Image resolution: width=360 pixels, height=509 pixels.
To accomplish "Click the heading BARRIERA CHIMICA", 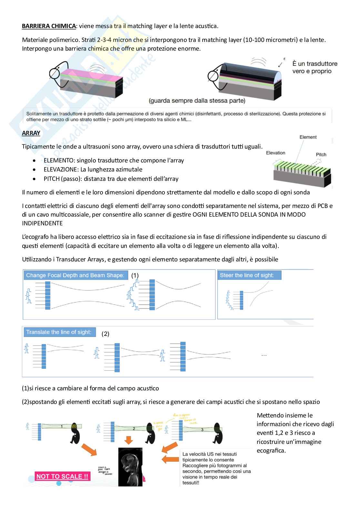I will pos(49,26).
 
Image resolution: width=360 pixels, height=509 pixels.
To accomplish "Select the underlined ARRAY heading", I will pos(31,133).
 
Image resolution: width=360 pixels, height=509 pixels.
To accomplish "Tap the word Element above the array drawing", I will pos(308,137).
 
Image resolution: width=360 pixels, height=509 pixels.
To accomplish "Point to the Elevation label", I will pos(275,153).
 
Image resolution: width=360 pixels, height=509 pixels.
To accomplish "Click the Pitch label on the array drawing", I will pos(321,154).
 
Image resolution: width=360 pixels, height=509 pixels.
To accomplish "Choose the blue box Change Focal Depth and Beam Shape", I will pos(75,275).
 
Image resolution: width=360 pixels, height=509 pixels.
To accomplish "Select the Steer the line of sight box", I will pos(249,275).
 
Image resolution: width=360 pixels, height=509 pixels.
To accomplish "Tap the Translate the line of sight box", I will pos(59,332).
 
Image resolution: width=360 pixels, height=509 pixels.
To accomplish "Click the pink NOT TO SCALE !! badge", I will pos(62,476).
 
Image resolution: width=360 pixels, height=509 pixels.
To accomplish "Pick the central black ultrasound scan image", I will pos(130,466).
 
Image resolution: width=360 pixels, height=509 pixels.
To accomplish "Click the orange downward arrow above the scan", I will pos(129,440).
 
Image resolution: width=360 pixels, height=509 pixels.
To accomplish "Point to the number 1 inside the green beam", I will pos(62,426).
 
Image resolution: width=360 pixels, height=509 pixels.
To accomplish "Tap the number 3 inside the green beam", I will pos(202,429).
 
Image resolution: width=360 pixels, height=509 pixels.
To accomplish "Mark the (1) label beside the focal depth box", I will pos(135,275).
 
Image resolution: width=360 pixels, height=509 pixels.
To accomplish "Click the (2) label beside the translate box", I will pos(105,334).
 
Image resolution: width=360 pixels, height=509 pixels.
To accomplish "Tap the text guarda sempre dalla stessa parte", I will pos(197,101).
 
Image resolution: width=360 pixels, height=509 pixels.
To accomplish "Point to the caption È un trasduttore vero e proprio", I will pos(315,67).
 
